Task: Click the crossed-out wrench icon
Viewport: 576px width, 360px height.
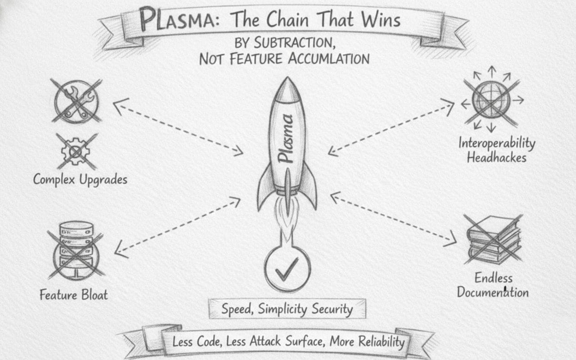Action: [x=77, y=100]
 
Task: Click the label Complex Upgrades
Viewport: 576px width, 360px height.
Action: [x=80, y=179]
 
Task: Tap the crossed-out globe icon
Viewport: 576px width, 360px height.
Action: [x=491, y=100]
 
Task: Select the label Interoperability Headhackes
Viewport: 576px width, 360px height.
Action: [x=497, y=150]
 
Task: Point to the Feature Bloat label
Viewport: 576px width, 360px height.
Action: [x=74, y=295]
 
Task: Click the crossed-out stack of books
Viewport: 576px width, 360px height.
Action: [x=493, y=239]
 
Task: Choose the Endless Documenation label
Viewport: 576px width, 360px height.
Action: [x=493, y=285]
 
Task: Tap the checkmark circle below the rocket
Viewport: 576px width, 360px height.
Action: [x=287, y=268]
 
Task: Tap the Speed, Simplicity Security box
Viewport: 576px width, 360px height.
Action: [x=287, y=309]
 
